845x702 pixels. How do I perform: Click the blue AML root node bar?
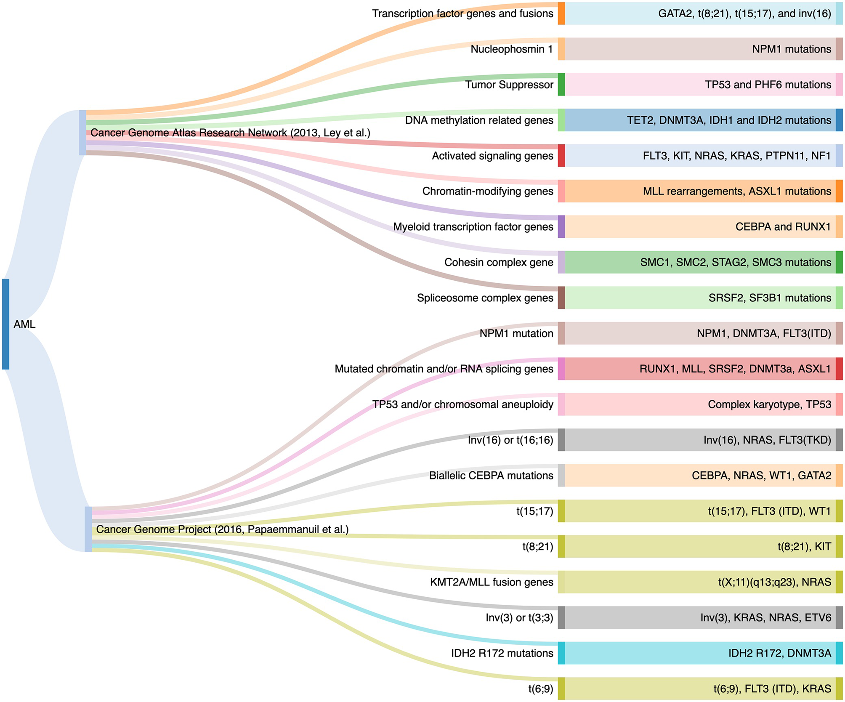click(x=5, y=324)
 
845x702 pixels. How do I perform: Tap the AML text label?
click(x=24, y=324)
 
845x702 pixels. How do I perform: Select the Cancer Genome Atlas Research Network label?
click(x=230, y=133)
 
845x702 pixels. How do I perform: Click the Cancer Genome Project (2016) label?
click(x=222, y=529)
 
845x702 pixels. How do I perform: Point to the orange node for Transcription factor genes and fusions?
click(x=561, y=13)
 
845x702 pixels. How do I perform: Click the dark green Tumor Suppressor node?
click(x=561, y=85)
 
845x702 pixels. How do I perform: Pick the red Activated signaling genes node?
click(x=561, y=156)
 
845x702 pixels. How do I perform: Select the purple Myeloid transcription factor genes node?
click(x=561, y=227)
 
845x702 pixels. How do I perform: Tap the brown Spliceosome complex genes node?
click(x=561, y=298)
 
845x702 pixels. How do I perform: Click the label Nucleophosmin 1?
click(x=511, y=49)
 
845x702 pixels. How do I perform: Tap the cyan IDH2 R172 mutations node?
click(x=561, y=653)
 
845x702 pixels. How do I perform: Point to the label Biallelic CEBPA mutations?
click(x=491, y=476)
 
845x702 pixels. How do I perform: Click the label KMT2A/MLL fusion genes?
click(x=491, y=582)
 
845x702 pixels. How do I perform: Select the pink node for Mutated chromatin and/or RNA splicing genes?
click(x=561, y=369)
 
